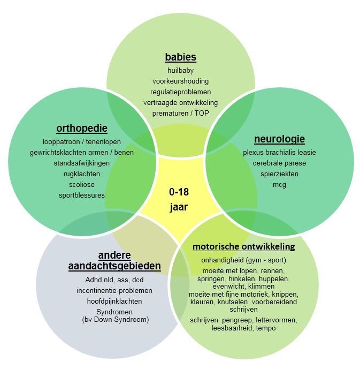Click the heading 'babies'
(180, 57)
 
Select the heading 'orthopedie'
(82, 129)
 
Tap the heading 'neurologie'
(279, 139)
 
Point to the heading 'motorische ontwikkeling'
(243, 247)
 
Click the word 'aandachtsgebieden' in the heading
(114, 266)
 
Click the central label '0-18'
(179, 192)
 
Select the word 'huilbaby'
(180, 70)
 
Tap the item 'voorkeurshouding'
(180, 81)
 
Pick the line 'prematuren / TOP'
(180, 113)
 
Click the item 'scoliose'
(81, 184)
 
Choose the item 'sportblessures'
(81, 195)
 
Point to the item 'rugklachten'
(81, 174)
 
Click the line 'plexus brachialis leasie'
(279, 152)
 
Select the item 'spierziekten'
(279, 174)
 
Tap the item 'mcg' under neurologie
(279, 185)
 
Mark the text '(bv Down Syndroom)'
(114, 319)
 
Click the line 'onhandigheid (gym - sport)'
(243, 260)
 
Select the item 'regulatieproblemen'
(180, 92)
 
